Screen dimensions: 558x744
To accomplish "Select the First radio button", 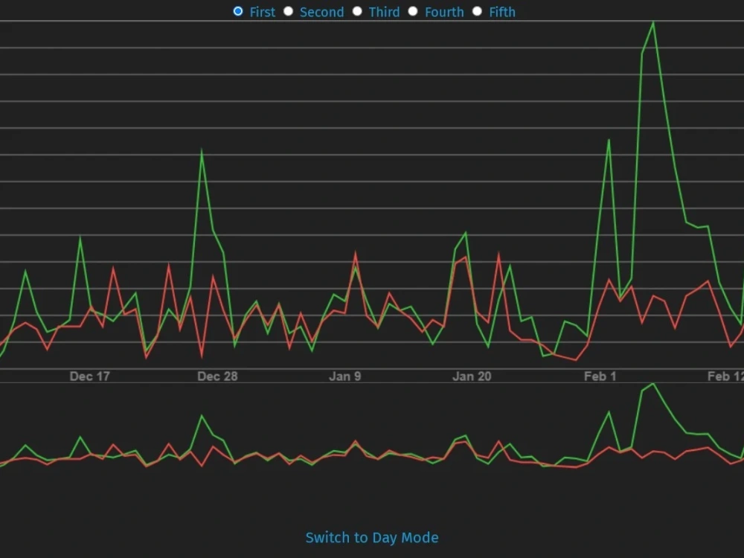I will click(x=238, y=11).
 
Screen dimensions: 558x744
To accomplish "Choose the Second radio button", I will click(x=289, y=11).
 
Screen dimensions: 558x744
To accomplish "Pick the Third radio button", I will click(x=357, y=11).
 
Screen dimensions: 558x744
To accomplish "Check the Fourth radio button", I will click(x=413, y=11).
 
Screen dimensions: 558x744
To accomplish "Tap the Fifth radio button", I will click(x=477, y=11).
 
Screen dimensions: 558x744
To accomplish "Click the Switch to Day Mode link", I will click(x=372, y=537).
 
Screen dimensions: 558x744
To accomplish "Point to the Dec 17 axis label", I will click(x=89, y=376).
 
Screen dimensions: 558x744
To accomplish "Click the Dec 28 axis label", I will click(x=217, y=376).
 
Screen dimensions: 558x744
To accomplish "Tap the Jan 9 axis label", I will click(x=344, y=376).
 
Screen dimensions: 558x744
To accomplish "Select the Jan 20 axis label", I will click(x=472, y=376).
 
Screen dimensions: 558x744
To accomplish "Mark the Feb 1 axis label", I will click(x=600, y=376).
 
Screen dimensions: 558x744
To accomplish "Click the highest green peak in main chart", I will click(x=653, y=22).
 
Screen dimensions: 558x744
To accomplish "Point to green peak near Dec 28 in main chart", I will click(x=202, y=152).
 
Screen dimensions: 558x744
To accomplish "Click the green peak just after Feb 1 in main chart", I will click(x=609, y=140).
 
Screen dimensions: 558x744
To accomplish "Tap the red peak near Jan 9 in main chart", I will click(x=356, y=254).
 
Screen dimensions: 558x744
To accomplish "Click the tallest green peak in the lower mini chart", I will click(x=652, y=384).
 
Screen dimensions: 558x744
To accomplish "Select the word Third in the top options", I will click(x=384, y=12).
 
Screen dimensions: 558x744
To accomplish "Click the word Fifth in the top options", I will click(x=502, y=12).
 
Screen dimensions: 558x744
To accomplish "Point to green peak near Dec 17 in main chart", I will click(x=80, y=238).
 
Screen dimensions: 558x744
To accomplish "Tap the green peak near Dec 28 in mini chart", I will click(x=202, y=416).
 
